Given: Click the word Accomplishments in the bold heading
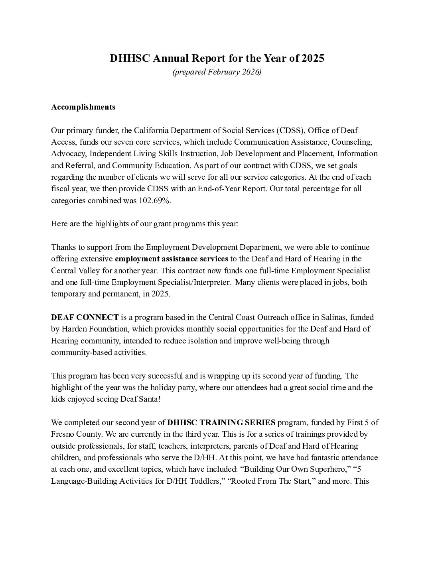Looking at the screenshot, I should point(83,107).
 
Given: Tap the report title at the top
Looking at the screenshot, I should point(217,58).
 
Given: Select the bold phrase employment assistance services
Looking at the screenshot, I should point(172,259).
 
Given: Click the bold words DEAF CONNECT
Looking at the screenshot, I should point(85,318).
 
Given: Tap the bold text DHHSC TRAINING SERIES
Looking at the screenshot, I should point(221,422).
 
